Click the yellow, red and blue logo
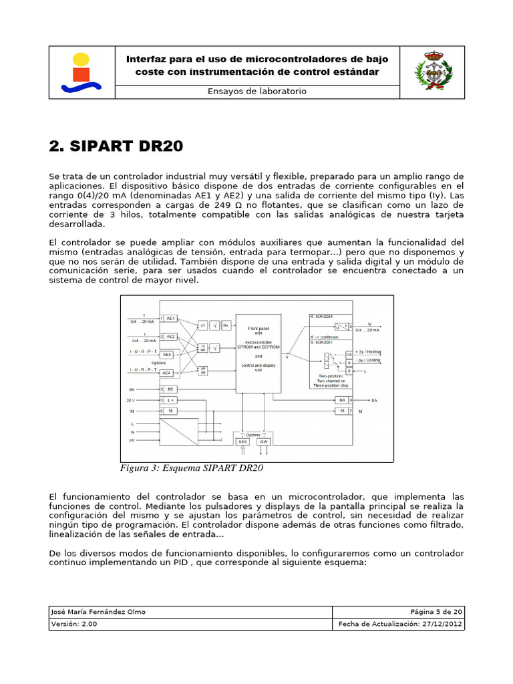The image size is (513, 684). tap(81, 72)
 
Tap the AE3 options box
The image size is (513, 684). tap(167, 355)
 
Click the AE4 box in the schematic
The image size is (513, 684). tap(167, 372)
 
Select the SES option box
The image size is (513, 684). tap(242, 442)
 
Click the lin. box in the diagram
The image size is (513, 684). tap(226, 325)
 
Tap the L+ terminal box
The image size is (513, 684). tap(170, 399)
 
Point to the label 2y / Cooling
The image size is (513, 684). tap(369, 361)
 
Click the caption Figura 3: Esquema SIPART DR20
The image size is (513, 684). tap(191, 468)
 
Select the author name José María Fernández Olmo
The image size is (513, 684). tap(98, 612)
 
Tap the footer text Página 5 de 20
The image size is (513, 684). tap(438, 612)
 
